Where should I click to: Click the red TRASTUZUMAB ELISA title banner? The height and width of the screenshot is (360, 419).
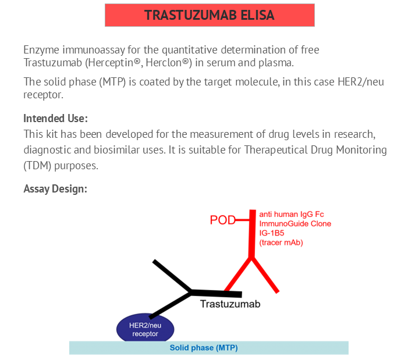click(x=210, y=15)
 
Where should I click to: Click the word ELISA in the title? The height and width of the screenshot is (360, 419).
click(x=257, y=15)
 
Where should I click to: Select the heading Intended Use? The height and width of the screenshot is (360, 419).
click(x=56, y=118)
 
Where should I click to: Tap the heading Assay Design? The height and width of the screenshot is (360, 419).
click(x=55, y=189)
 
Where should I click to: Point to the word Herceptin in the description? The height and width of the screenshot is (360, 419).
click(x=111, y=63)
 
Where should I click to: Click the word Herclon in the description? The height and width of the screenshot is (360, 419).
click(x=164, y=63)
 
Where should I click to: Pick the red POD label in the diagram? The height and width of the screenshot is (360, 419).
click(x=222, y=220)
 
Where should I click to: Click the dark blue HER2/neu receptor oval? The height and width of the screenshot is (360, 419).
click(x=145, y=328)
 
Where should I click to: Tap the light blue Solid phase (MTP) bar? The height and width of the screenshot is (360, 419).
click(x=209, y=348)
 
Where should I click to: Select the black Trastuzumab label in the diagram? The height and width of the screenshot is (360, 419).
click(x=230, y=304)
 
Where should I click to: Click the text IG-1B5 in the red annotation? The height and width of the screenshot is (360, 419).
click(x=272, y=233)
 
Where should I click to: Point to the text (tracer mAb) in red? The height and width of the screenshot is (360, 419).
click(x=281, y=243)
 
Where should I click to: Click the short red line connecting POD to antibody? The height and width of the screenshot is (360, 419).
click(x=242, y=220)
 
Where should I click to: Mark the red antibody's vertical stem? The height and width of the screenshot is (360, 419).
click(x=252, y=234)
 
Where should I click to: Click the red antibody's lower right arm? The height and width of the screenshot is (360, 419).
click(x=265, y=275)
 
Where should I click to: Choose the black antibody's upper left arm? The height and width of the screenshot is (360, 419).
click(x=172, y=276)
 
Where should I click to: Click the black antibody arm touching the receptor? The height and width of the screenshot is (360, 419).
click(x=170, y=305)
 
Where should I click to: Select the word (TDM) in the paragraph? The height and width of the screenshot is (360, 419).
click(x=37, y=166)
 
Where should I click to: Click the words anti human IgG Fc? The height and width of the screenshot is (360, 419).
click(x=292, y=215)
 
